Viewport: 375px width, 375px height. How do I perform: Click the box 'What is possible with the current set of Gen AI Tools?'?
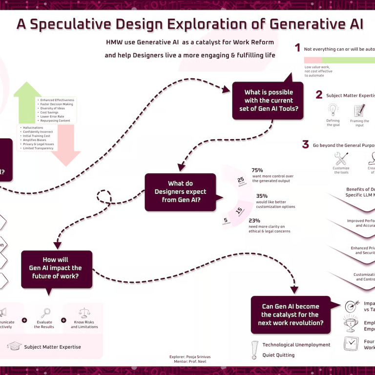[x=269, y=101]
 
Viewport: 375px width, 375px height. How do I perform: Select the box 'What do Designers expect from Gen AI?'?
[x=180, y=192]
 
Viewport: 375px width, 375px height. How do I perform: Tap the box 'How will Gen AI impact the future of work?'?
[x=56, y=268]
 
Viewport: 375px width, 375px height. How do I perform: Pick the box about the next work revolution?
[x=290, y=314]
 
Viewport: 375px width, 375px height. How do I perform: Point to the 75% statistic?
[x=257, y=170]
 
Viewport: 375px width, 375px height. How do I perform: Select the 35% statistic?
[x=262, y=196]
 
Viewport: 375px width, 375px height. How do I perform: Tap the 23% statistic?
[x=254, y=221]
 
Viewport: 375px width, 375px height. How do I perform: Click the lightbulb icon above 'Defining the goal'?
[x=333, y=110]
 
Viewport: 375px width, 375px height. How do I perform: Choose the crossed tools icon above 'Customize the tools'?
[x=341, y=159]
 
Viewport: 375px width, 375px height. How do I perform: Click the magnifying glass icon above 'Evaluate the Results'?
[x=45, y=313]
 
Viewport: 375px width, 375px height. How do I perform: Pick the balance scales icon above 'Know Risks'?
[x=84, y=313]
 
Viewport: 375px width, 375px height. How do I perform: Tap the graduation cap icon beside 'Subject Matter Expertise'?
[x=15, y=346]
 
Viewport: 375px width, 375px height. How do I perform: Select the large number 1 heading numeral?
[x=297, y=48]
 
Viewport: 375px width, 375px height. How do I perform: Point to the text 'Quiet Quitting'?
[x=278, y=355]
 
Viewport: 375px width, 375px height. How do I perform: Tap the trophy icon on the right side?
[x=351, y=324]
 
